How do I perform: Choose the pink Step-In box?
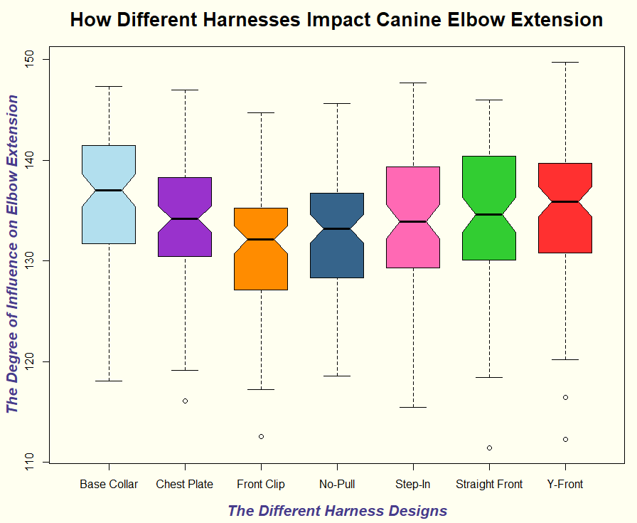tap(413, 245)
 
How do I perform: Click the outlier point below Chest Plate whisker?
tap(185, 401)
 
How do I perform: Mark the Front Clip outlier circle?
tap(261, 436)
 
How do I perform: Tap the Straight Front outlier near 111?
tap(489, 448)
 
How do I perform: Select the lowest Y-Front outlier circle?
tap(565, 439)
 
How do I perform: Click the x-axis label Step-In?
tap(413, 485)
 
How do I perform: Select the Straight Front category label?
tap(489, 485)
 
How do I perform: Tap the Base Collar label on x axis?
tap(109, 485)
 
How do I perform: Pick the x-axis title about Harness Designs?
tap(337, 511)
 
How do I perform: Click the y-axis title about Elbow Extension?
tap(12, 255)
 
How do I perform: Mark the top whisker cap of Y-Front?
tap(565, 63)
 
